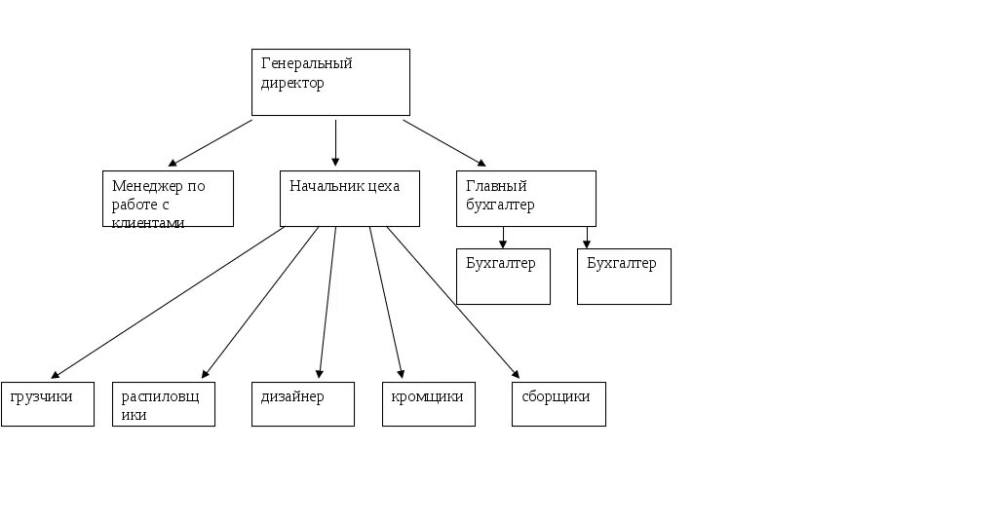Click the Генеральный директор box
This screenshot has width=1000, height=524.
(x=330, y=83)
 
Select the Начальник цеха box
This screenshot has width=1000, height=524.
(x=351, y=199)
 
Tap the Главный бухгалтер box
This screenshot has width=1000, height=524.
(x=525, y=199)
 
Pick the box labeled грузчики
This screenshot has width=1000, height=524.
(x=48, y=404)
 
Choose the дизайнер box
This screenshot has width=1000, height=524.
(x=302, y=404)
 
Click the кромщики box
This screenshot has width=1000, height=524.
(x=428, y=404)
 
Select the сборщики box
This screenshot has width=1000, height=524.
(x=558, y=404)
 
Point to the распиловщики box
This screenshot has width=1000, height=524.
(x=164, y=404)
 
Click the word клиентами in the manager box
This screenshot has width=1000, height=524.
(x=148, y=222)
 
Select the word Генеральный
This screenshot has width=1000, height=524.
(x=307, y=63)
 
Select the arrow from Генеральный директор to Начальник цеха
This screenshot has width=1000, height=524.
(x=336, y=142)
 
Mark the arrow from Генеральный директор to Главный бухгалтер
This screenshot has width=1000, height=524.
(x=443, y=142)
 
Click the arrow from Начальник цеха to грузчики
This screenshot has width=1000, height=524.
(x=168, y=302)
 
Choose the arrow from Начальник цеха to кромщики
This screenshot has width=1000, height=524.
(x=385, y=302)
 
